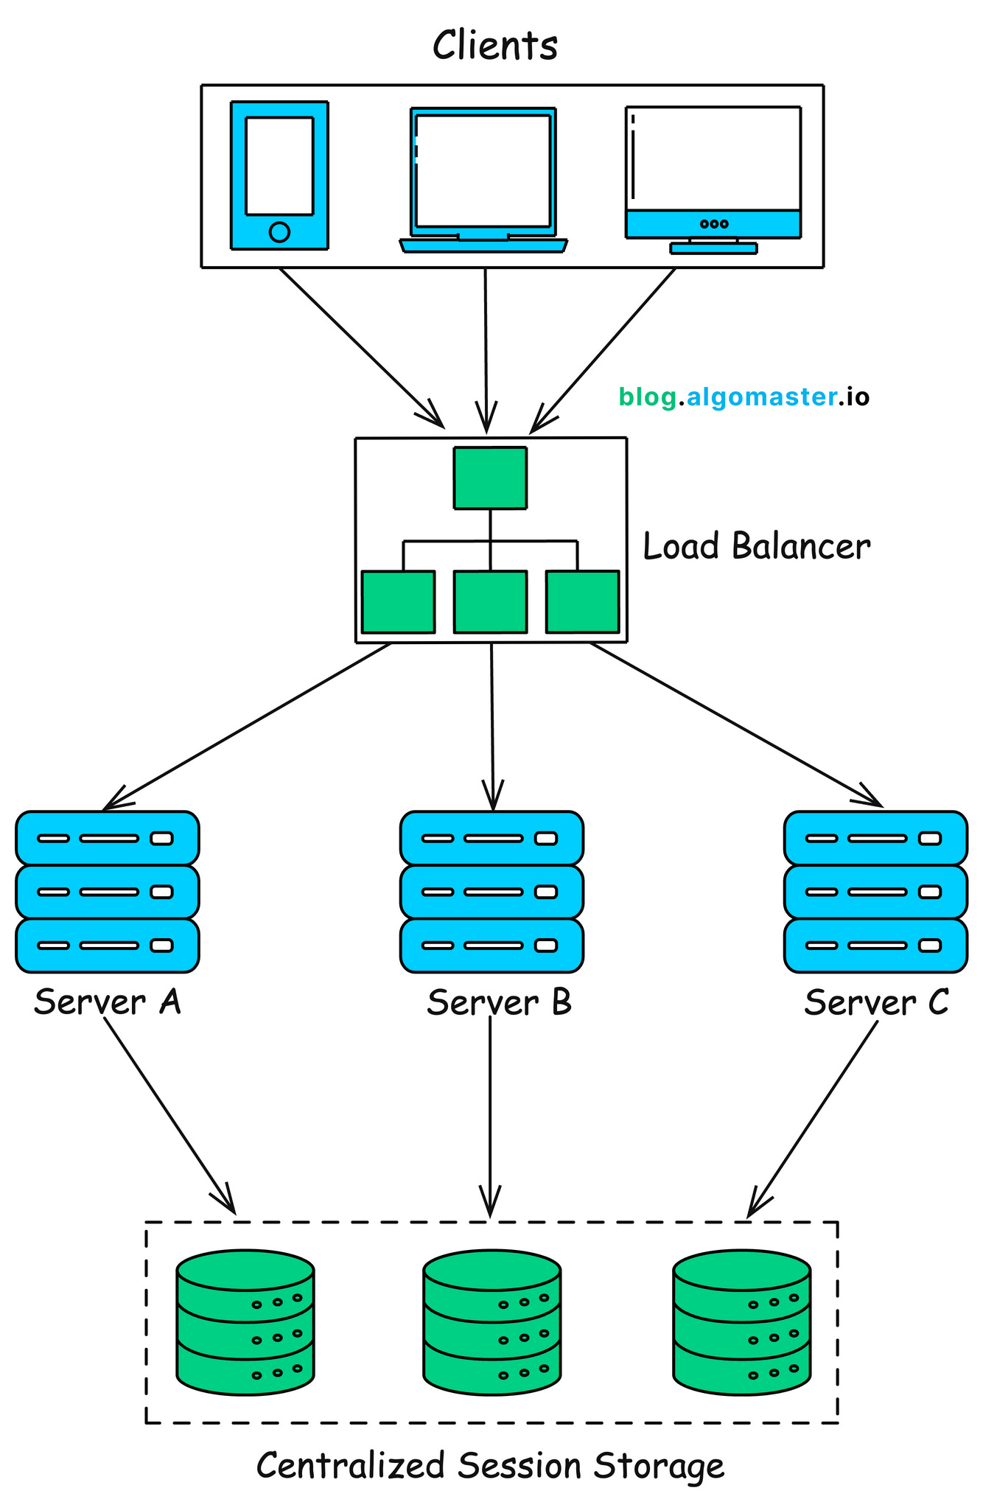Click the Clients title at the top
click(x=494, y=45)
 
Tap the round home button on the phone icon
click(x=279, y=232)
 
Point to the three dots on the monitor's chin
click(x=713, y=223)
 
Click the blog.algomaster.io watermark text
click(x=744, y=397)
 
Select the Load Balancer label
click(x=757, y=547)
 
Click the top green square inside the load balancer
click(x=490, y=478)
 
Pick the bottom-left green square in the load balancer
click(x=398, y=601)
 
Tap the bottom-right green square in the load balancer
click(x=582, y=601)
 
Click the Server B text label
click(x=499, y=1002)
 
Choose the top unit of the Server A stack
click(x=108, y=838)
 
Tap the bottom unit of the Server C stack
click(x=875, y=945)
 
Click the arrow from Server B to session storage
click(x=490, y=1113)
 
